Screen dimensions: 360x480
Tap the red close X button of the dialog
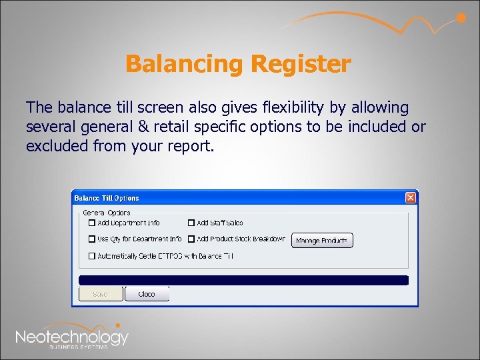pos(411,197)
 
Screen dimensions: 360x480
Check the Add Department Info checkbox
pos(92,223)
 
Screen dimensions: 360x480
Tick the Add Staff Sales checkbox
pos(191,223)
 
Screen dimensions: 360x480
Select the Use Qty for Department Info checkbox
pos(92,239)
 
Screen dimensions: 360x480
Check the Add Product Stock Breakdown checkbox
pos(191,239)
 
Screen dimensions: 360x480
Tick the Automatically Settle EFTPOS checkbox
pos(92,255)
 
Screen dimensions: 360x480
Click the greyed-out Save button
pos(101,294)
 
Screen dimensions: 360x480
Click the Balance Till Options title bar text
pos(107,198)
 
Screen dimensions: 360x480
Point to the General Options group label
pos(107,213)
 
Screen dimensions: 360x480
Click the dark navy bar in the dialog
pos(243,280)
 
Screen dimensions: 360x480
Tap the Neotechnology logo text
pos(72,337)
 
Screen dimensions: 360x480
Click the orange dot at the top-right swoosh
pos(461,18)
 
